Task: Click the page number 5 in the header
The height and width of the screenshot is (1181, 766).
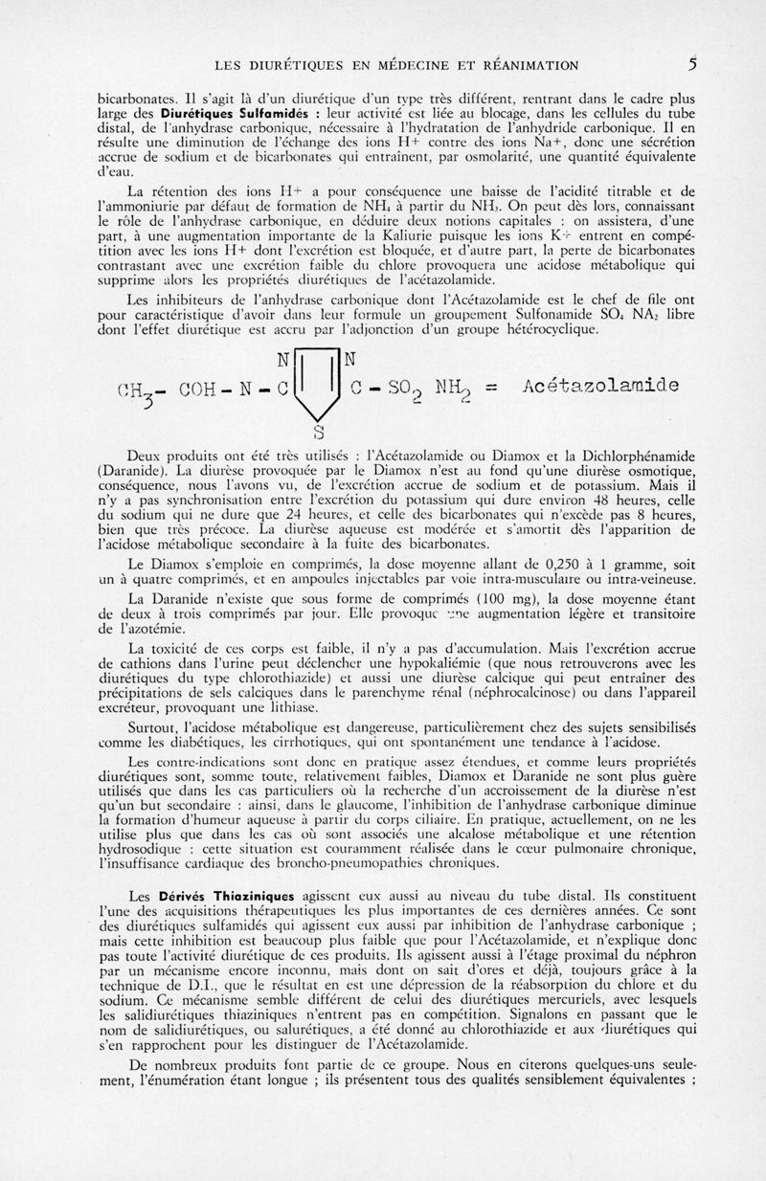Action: click(x=690, y=65)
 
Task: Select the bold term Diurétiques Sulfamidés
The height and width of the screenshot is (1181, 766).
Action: click(x=198, y=111)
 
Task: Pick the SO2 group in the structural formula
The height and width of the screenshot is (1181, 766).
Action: click(x=392, y=389)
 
